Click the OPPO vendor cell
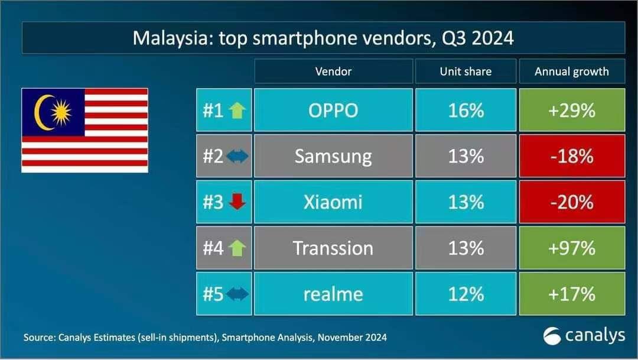[333, 111]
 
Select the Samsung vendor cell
[333, 156]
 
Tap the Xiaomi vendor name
[333, 202]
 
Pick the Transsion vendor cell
[333, 248]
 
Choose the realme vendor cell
[333, 294]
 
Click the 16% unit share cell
[466, 111]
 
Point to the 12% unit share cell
[466, 294]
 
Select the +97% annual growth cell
[571, 248]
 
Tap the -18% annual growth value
[571, 156]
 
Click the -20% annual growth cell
[571, 202]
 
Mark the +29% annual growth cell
[571, 111]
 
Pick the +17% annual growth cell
[571, 294]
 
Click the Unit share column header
[466, 72]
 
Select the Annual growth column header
[571, 72]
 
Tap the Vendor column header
[333, 72]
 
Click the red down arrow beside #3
[237, 202]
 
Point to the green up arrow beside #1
[237, 111]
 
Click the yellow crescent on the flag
[41, 112]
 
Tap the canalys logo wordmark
[594, 336]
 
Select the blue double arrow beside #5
[237, 294]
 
